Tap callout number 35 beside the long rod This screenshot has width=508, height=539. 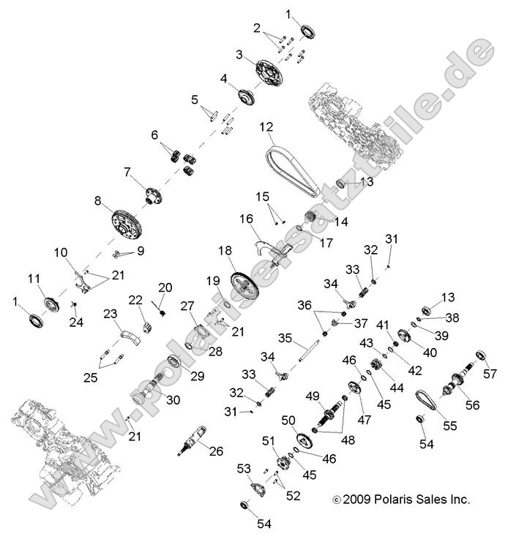[x=284, y=338]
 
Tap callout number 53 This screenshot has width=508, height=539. [x=244, y=467]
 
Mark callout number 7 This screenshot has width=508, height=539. [x=127, y=173]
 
